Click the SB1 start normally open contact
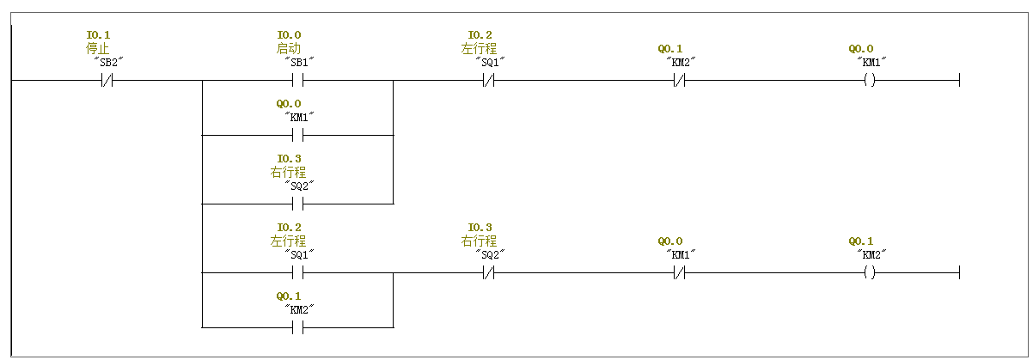click(x=298, y=81)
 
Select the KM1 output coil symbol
click(x=870, y=81)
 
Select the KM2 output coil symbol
click(x=870, y=273)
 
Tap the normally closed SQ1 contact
click(x=489, y=81)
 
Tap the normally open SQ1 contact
click(x=298, y=273)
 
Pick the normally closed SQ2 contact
click(x=489, y=273)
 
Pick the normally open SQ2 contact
click(x=298, y=204)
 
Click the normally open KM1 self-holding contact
click(x=298, y=136)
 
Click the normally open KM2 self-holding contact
click(x=298, y=327)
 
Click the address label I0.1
click(x=98, y=35)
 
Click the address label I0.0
click(x=289, y=35)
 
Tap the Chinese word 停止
click(x=98, y=48)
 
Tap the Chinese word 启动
click(x=289, y=48)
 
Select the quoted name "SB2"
click(x=108, y=62)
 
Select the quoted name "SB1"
click(x=299, y=62)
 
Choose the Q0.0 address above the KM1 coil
click(x=860, y=49)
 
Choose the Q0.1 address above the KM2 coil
click(x=860, y=241)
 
